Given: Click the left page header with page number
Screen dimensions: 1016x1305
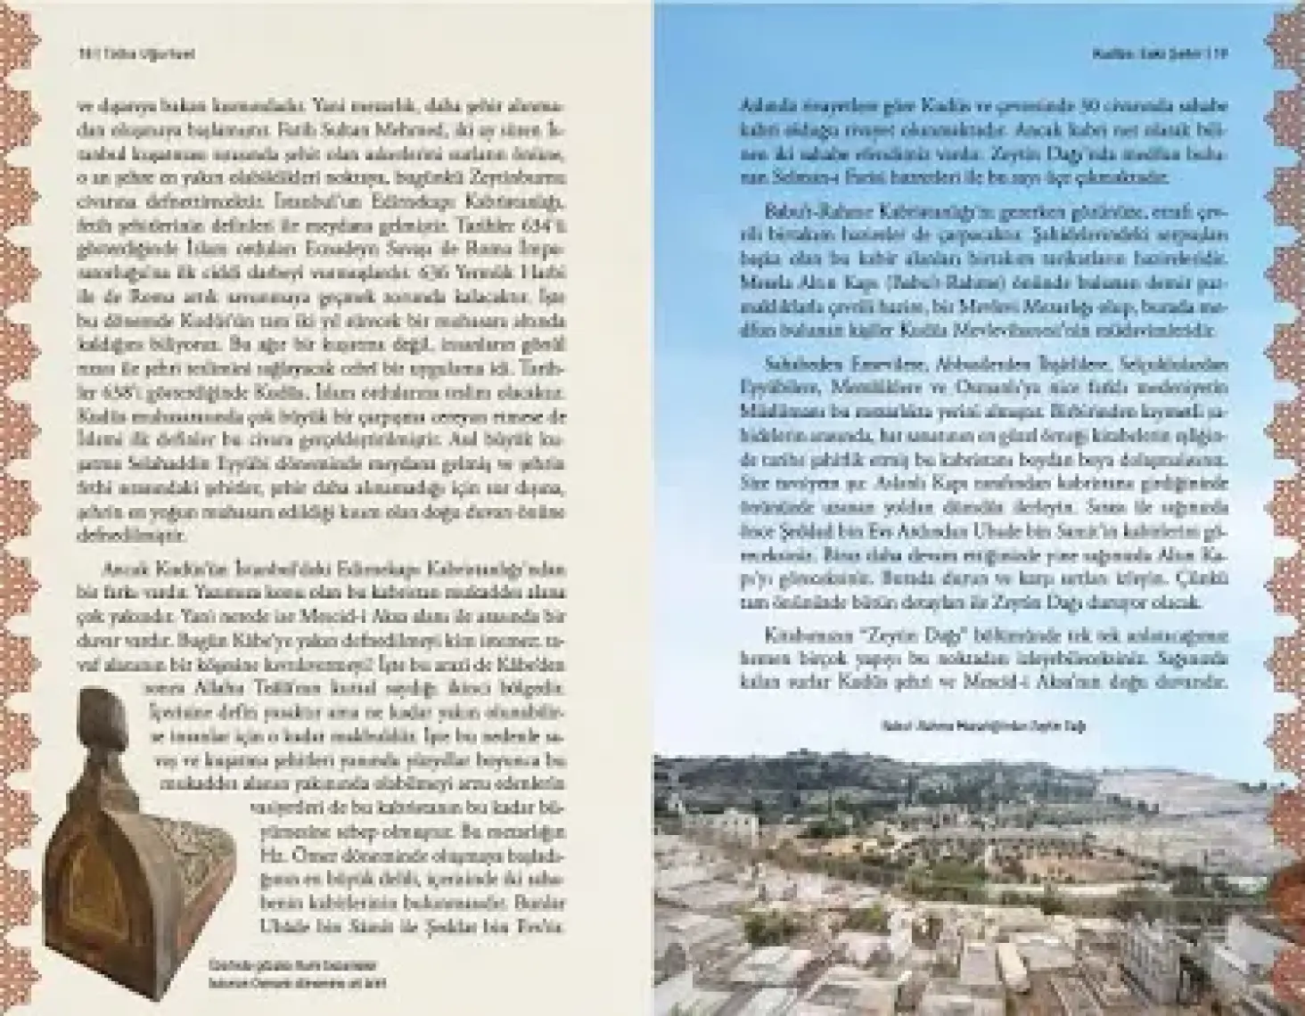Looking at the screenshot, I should (134, 53).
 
